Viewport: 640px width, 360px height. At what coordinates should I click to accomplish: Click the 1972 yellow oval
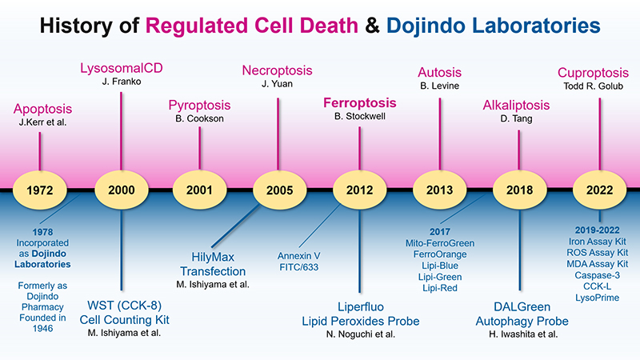coord(39,190)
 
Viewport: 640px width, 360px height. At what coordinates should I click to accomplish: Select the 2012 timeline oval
coord(359,190)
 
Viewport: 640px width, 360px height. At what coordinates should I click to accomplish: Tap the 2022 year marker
coord(599,190)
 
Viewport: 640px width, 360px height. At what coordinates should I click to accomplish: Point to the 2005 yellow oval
coord(279,190)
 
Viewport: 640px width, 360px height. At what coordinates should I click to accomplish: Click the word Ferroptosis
coord(359,103)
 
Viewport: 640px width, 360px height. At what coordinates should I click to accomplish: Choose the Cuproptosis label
coord(593,73)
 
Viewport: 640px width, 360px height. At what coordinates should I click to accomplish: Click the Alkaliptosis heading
coord(516,106)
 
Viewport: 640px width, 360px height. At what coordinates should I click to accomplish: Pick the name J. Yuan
coord(277,84)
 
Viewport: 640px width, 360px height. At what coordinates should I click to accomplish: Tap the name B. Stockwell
coord(359,116)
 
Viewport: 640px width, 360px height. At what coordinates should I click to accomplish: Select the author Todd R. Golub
coord(593,86)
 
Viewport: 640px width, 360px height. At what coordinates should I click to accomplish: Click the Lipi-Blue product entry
coord(440,266)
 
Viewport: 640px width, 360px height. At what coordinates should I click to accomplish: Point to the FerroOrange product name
coord(440,254)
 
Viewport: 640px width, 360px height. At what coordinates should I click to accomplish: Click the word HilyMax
coord(213,257)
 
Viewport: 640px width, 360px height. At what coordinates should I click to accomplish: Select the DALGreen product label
coord(522,307)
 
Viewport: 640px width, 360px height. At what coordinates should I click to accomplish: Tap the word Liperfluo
coord(361,307)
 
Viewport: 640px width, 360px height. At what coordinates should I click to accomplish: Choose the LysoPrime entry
coord(597,298)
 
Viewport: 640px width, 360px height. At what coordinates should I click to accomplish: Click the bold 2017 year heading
coord(440,232)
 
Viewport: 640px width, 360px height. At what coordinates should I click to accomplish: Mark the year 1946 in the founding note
coord(42,329)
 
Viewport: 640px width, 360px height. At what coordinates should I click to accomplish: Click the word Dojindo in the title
coord(426,26)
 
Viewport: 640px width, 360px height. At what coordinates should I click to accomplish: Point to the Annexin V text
coord(298,256)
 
